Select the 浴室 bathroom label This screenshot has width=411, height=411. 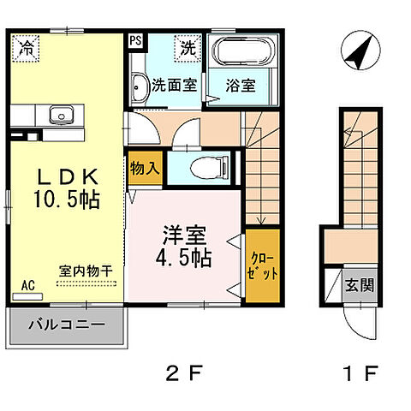(240, 85)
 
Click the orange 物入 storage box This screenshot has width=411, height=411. (143, 169)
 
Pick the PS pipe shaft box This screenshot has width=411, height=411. (135, 40)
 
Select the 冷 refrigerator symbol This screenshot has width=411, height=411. (28, 47)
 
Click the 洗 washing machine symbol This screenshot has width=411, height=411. (187, 48)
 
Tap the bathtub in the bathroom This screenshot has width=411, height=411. (240, 53)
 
